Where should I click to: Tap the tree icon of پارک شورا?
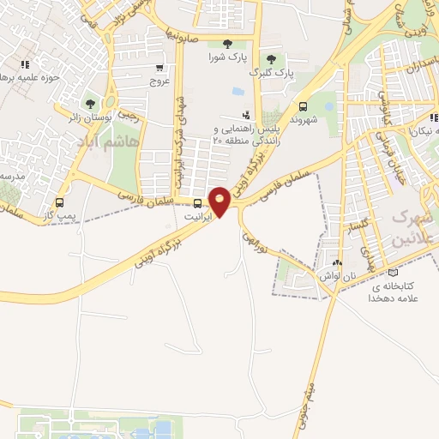(x=227, y=44)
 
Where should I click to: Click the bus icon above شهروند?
(x=304, y=107)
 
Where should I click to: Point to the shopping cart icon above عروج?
(x=159, y=68)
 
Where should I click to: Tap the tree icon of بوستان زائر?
(x=90, y=105)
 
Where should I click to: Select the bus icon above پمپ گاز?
(x=59, y=202)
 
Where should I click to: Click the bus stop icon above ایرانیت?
(x=199, y=203)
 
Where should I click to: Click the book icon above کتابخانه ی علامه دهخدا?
(x=393, y=272)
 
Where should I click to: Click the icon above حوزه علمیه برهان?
(x=26, y=64)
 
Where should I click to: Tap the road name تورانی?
(x=258, y=237)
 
